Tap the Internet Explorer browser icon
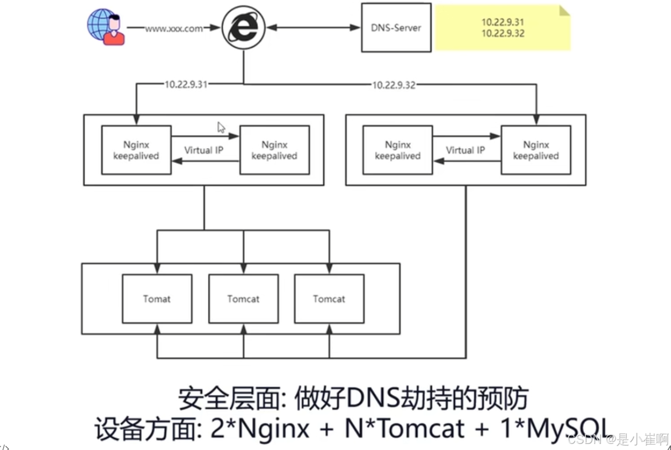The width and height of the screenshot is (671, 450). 243,28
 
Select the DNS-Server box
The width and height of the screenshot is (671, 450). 396,28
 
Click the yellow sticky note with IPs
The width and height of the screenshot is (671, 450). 502,28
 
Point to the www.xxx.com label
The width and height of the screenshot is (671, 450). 174,29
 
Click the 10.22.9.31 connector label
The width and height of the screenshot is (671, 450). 185,85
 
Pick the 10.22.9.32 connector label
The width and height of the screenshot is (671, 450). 393,85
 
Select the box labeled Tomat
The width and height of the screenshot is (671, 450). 157,299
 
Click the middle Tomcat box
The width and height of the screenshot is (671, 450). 243,299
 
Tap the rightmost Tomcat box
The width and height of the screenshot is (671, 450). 329,299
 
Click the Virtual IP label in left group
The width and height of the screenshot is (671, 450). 204,150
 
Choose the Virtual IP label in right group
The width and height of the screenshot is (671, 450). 465,150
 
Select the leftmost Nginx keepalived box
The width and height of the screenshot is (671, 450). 136,150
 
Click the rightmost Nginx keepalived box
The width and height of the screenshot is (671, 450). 536,150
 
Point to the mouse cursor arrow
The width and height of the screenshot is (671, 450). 221,128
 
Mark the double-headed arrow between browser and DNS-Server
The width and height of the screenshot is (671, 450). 313,27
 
